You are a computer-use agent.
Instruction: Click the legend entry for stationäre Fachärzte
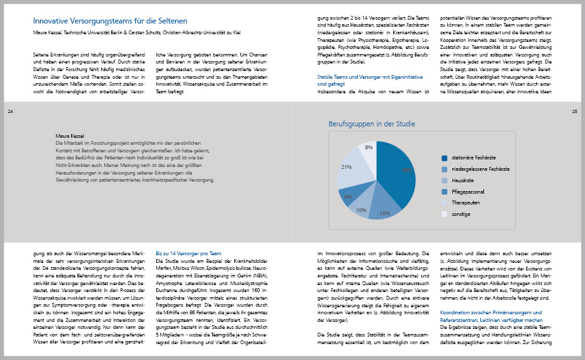pos(474,158)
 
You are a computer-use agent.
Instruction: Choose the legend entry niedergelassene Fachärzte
pos(480,170)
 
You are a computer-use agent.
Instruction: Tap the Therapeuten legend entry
pos(466,203)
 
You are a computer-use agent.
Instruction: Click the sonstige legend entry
pos(462,214)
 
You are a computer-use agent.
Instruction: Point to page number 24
pos(10,112)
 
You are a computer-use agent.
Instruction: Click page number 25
pos(574,112)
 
